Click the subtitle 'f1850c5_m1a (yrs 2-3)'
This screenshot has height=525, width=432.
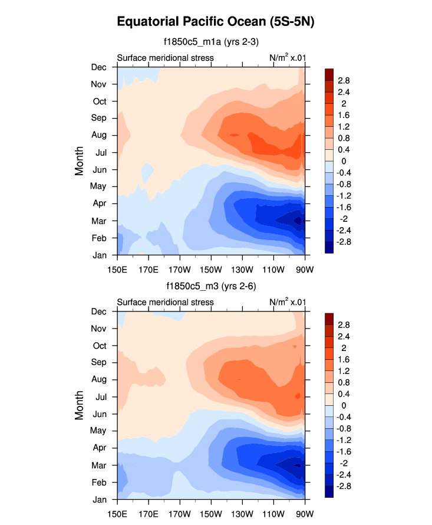click(211, 42)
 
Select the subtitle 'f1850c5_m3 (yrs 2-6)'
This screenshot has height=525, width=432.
click(211, 286)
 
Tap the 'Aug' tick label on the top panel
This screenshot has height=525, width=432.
click(98, 135)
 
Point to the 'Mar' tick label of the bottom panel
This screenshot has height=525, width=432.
click(98, 465)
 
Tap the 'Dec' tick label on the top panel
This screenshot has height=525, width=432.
click(98, 67)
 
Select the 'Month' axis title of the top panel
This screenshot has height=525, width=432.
click(80, 161)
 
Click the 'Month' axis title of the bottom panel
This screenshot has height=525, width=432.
click(80, 405)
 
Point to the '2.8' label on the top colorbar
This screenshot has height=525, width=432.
click(344, 80)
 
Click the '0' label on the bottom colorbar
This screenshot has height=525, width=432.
click(340, 405)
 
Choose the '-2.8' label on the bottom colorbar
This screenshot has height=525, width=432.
click(345, 486)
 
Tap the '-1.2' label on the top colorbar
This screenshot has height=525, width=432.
click(345, 195)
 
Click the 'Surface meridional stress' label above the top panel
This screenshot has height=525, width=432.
click(165, 58)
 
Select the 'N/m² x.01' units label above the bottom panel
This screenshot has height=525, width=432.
click(287, 302)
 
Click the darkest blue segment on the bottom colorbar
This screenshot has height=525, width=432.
click(329, 492)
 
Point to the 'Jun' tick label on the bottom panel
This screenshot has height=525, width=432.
click(98, 414)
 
